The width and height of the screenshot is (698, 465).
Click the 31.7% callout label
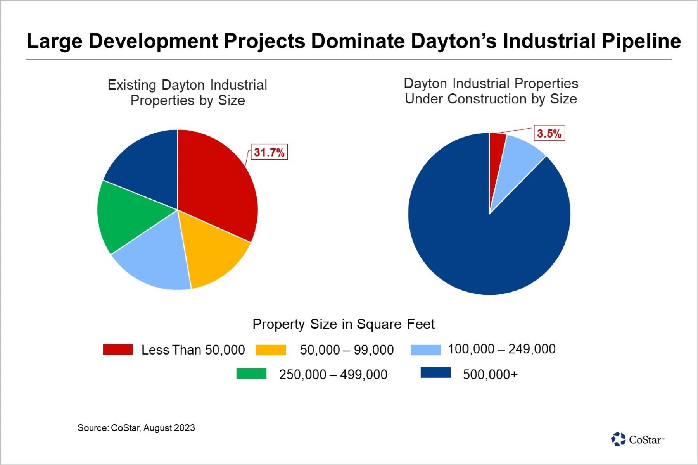click(x=270, y=152)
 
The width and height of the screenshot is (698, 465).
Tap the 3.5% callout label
click(x=549, y=134)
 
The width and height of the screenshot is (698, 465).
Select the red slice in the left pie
click(x=217, y=182)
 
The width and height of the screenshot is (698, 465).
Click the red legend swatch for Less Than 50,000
click(x=118, y=350)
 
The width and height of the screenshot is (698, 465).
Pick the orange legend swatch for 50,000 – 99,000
click(x=271, y=350)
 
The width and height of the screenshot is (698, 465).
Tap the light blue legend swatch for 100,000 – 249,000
click(x=425, y=350)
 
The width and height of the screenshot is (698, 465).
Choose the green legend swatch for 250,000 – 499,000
click(x=251, y=374)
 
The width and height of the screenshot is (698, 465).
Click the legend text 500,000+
click(x=490, y=375)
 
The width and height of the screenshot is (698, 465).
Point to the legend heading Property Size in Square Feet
click(x=343, y=324)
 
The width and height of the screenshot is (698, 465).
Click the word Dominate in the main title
click(x=359, y=41)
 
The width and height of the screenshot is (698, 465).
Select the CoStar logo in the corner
click(x=637, y=439)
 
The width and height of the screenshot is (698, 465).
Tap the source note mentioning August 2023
click(x=136, y=428)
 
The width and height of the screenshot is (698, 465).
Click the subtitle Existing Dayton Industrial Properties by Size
click(x=188, y=93)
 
